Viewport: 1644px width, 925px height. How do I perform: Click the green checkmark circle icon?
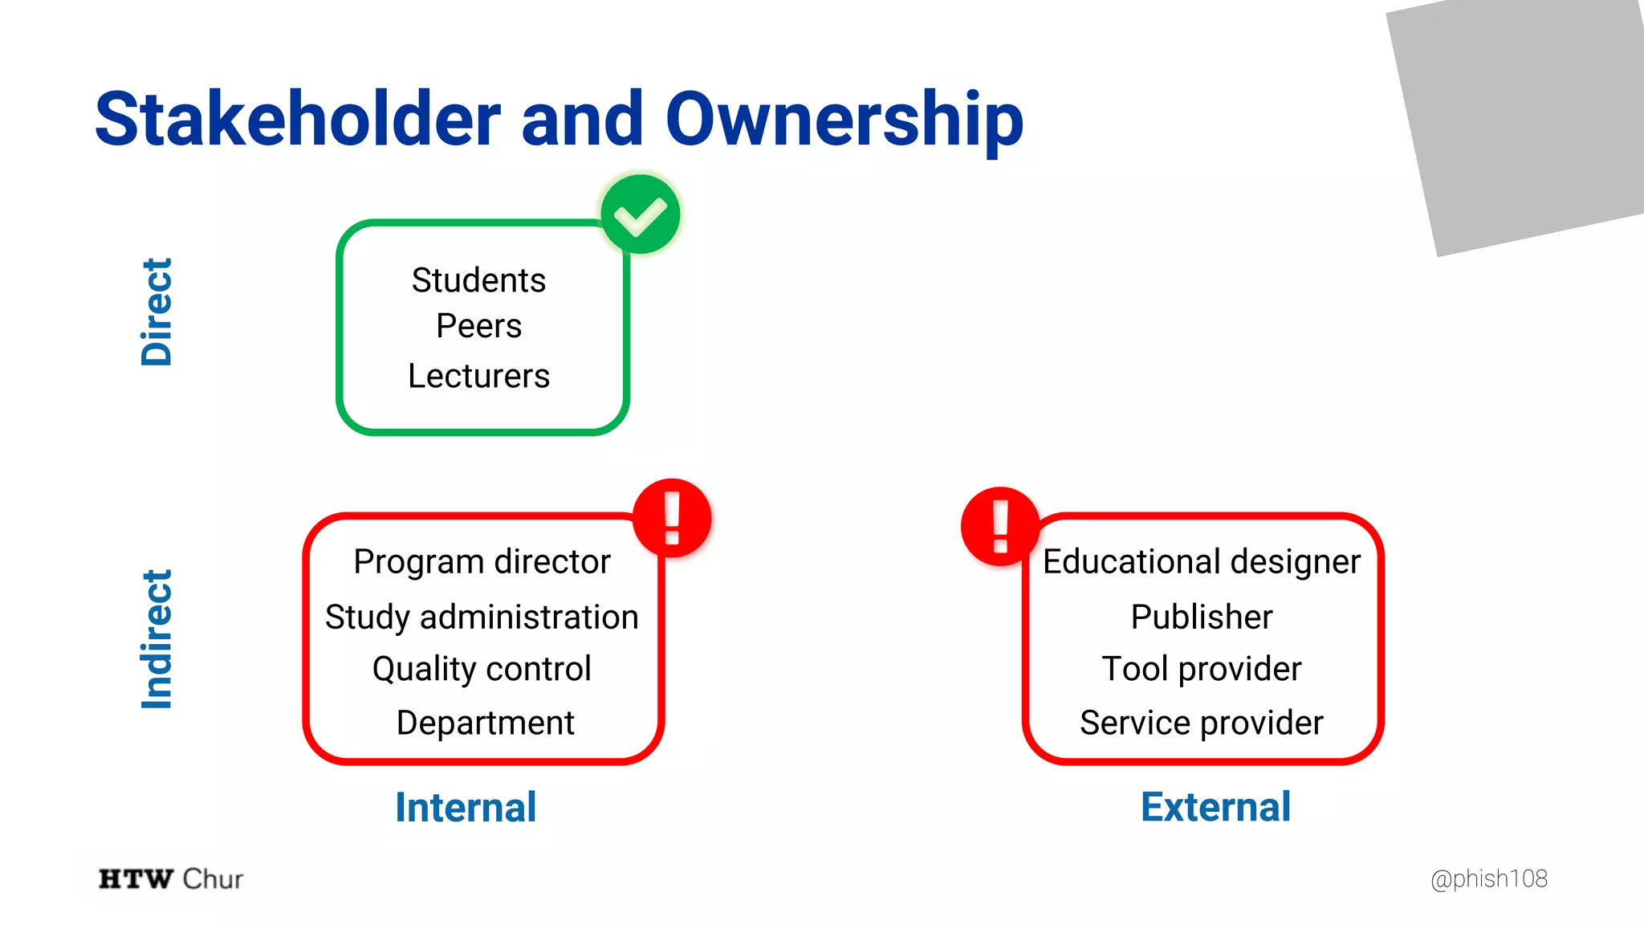point(641,214)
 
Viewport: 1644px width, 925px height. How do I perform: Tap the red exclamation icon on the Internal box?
point(672,518)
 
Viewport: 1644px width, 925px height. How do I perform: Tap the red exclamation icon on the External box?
point(1000,526)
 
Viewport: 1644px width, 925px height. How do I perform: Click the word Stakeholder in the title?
point(297,120)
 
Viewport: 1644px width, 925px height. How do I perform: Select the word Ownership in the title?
point(844,120)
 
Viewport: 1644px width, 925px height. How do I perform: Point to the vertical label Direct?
point(157,312)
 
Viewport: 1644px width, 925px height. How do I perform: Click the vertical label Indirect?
point(157,639)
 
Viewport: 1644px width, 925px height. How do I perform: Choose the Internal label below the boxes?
point(466,807)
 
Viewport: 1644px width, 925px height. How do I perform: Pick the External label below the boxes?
point(1215,807)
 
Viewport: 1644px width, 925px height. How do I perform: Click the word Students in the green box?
point(478,280)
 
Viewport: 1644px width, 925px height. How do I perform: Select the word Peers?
point(478,326)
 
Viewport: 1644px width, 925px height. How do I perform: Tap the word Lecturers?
point(478,376)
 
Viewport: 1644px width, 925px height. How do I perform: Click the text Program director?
point(482,561)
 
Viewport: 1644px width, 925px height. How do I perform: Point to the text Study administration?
point(482,617)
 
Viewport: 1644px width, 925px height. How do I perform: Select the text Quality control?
point(482,669)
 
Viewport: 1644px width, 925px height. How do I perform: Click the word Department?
point(485,723)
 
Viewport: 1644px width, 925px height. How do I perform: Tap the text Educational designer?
point(1201,561)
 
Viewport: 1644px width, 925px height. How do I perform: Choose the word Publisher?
point(1201,617)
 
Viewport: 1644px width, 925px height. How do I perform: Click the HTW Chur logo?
point(170,878)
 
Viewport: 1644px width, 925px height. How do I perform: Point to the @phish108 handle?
point(1488,878)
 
